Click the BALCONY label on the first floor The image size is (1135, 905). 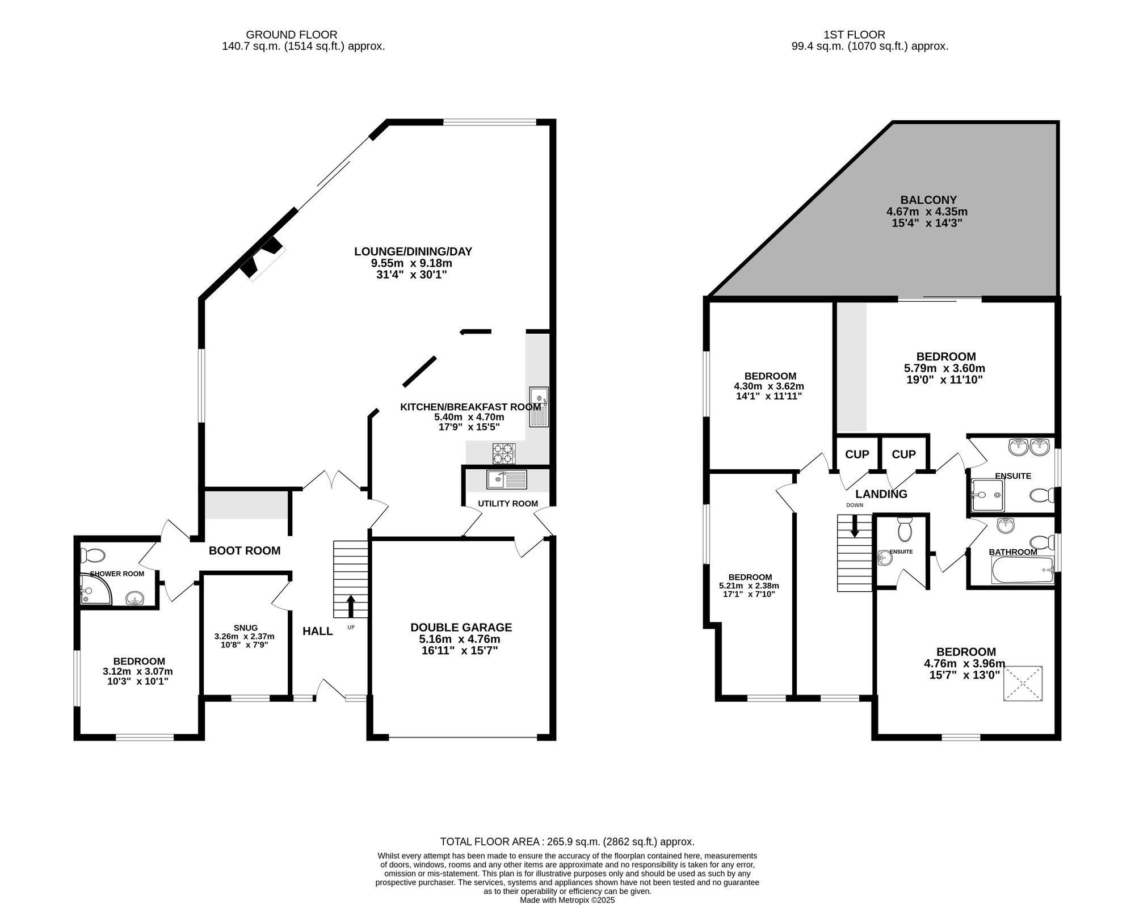click(x=928, y=200)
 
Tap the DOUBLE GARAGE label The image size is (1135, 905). click(x=461, y=628)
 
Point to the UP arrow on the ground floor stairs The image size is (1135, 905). click(x=351, y=606)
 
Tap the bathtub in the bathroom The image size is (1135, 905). click(x=1022, y=570)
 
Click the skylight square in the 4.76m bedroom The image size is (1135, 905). click(x=1023, y=684)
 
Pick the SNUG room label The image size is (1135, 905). click(x=245, y=628)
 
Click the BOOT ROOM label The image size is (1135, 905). click(x=245, y=550)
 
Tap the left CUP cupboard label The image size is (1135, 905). click(x=856, y=454)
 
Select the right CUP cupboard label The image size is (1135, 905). click(x=903, y=454)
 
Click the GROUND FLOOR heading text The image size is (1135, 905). click(x=291, y=35)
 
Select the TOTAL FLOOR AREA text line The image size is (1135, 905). click(x=567, y=842)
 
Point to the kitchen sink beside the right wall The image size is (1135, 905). click(x=539, y=406)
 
